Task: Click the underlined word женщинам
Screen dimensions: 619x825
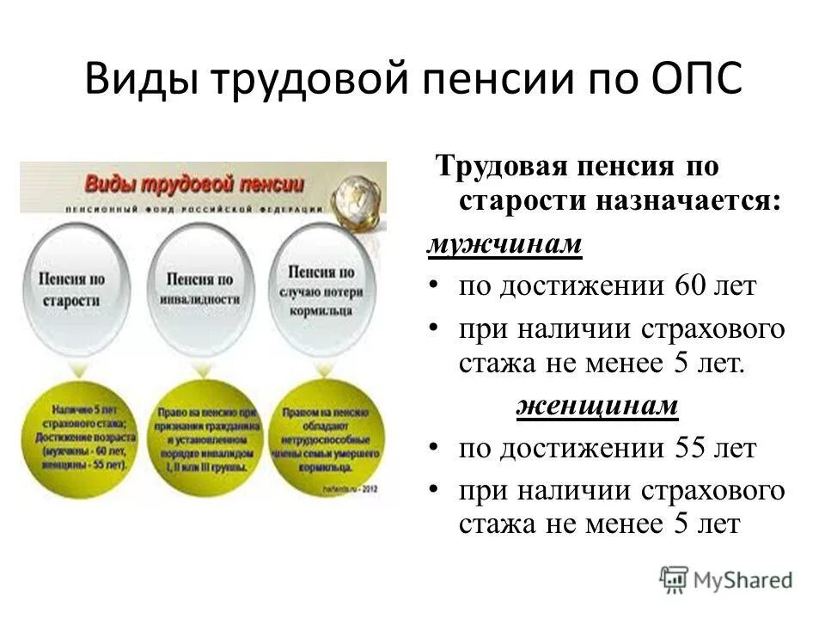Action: point(597,407)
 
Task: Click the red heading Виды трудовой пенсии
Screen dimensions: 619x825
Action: point(193,183)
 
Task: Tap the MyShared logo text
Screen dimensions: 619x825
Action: point(742,580)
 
